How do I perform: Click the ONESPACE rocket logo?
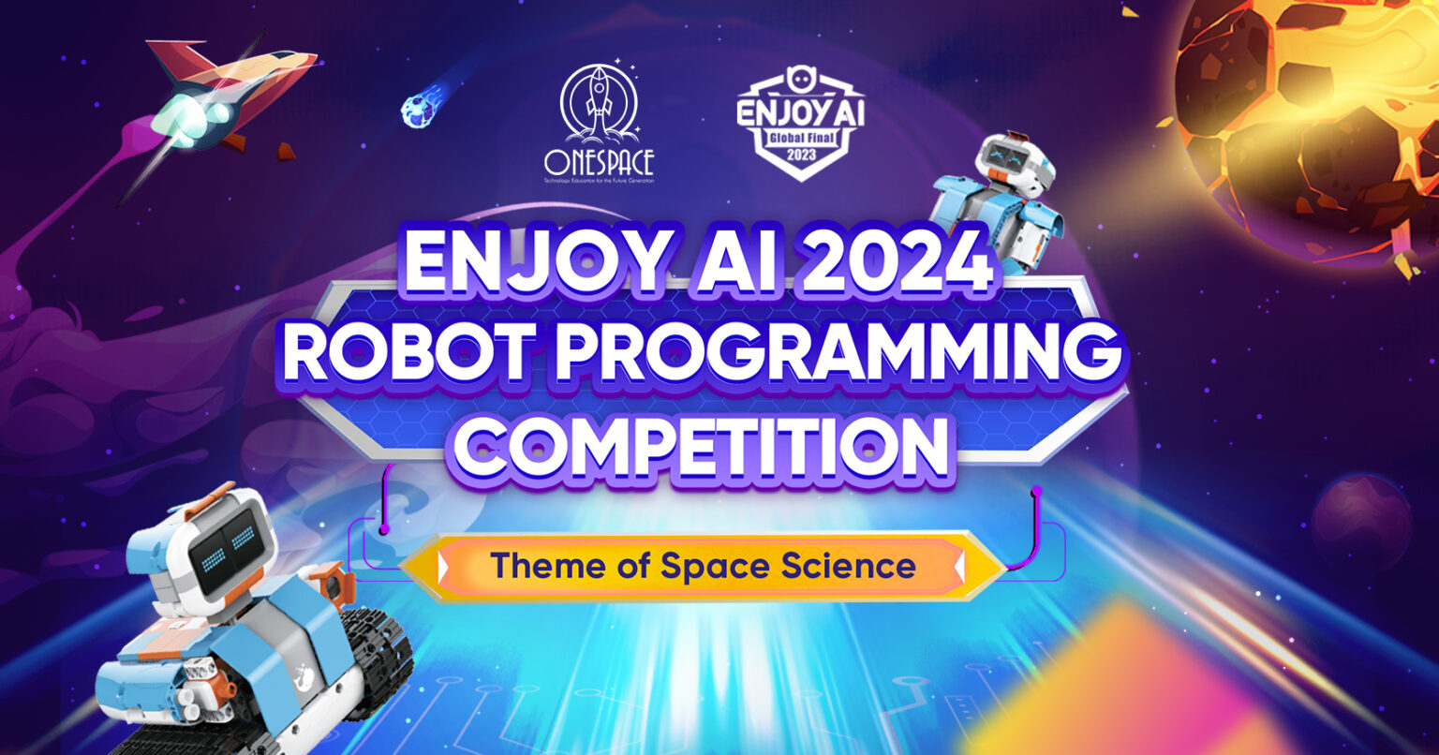pos(599,122)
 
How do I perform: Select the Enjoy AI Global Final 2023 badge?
pos(800,122)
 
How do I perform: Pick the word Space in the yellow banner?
pos(708,566)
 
